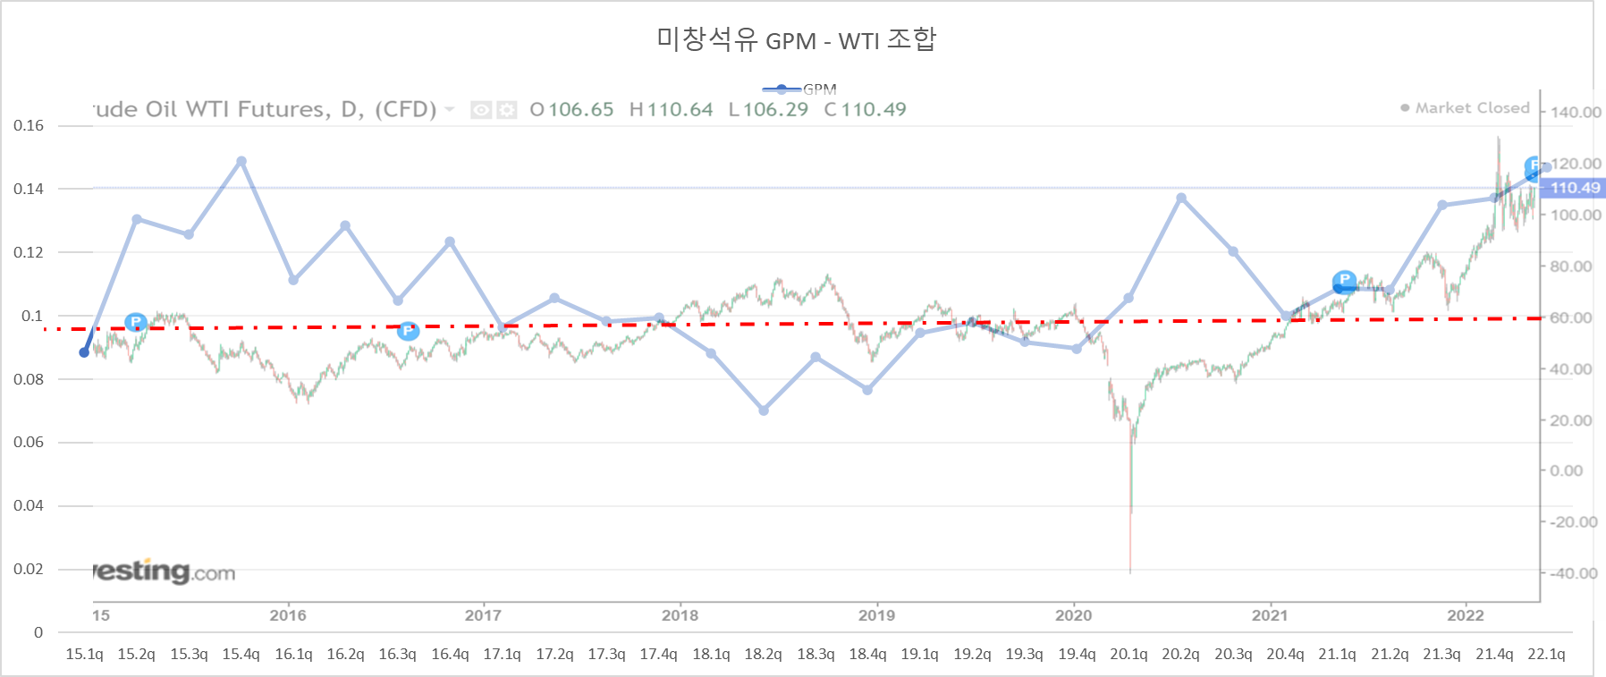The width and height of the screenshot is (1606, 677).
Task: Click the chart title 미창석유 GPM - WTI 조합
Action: click(x=796, y=40)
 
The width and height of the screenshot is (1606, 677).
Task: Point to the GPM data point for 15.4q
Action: click(x=241, y=162)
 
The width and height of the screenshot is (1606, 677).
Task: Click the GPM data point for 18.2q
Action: click(x=764, y=410)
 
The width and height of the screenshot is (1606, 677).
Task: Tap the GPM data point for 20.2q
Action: click(x=1181, y=198)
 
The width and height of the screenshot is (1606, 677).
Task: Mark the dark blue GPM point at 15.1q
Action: click(x=84, y=352)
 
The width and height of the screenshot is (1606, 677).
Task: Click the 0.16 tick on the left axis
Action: click(x=29, y=125)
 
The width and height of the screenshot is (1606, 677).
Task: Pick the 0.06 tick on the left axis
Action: click(x=29, y=442)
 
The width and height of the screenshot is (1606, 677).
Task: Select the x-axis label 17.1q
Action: click(x=502, y=654)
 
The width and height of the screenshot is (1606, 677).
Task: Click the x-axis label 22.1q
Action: click(x=1546, y=654)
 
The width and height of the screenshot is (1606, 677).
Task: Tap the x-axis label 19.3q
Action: click(x=1024, y=654)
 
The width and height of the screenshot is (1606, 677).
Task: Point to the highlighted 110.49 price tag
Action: click(x=1575, y=188)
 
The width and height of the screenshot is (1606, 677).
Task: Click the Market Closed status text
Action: click(x=1472, y=108)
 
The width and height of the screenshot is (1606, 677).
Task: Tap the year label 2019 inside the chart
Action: click(x=876, y=615)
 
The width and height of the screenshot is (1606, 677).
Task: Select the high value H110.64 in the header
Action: click(x=671, y=109)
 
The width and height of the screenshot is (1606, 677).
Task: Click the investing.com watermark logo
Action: click(x=165, y=571)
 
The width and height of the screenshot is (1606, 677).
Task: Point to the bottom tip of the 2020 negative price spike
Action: click(x=1130, y=572)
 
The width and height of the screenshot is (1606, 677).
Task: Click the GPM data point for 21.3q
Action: click(x=1442, y=206)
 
